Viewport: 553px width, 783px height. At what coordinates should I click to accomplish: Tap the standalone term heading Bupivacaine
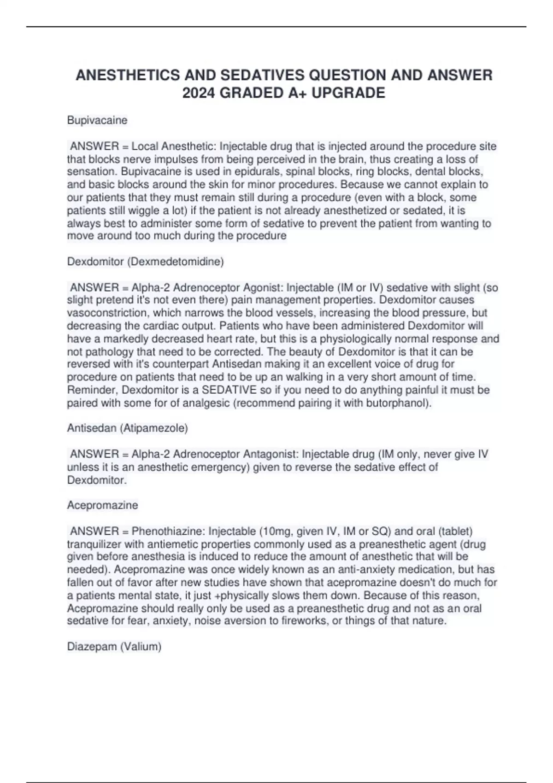[x=97, y=120]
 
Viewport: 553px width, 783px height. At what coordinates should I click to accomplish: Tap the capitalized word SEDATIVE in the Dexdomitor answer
[x=229, y=390]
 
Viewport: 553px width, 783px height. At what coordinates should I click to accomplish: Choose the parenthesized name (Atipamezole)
[x=154, y=428]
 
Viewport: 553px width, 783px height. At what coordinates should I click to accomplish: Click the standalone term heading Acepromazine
[x=102, y=505]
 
